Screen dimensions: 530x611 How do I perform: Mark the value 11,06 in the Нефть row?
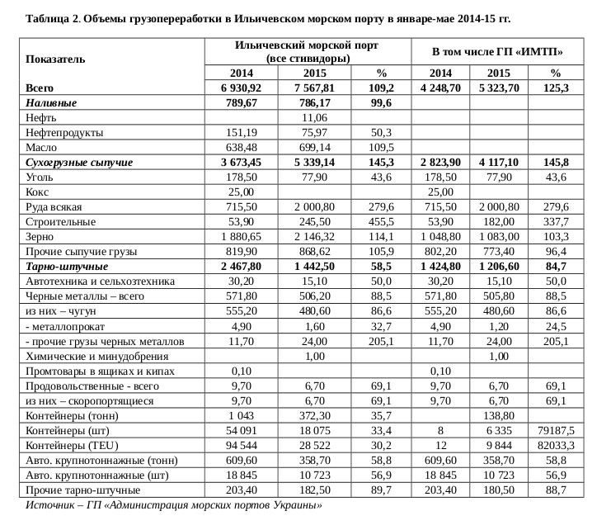315,118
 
